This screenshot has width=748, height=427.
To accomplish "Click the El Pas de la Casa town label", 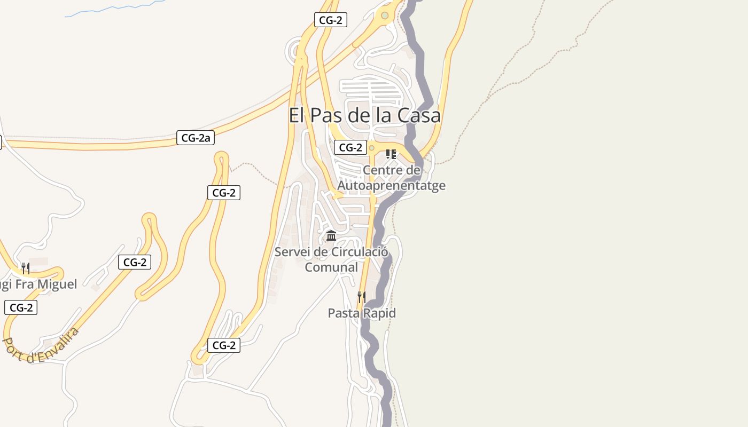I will [x=364, y=115].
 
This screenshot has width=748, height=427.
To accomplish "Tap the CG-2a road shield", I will [x=196, y=138].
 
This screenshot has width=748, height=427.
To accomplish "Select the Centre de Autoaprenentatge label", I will [x=391, y=178].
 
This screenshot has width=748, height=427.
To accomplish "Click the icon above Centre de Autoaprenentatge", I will [x=391, y=154].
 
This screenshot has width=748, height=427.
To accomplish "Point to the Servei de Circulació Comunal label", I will [x=331, y=259].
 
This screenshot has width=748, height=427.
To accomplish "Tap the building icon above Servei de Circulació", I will [x=331, y=235].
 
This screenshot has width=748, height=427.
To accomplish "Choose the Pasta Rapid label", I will [x=362, y=313].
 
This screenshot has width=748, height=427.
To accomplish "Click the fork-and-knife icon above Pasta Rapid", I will [x=362, y=297].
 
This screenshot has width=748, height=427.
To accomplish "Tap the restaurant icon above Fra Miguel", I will [x=25, y=268].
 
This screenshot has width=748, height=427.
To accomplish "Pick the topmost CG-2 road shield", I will [x=331, y=20].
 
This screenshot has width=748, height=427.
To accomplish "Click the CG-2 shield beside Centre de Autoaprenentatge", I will [x=350, y=147].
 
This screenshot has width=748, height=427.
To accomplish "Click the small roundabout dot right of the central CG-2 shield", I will [x=371, y=148].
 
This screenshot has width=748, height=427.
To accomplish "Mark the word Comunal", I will [x=331, y=267].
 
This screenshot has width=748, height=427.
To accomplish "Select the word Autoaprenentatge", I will [x=391, y=185].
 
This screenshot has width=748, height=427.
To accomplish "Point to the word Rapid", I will [x=379, y=313].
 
